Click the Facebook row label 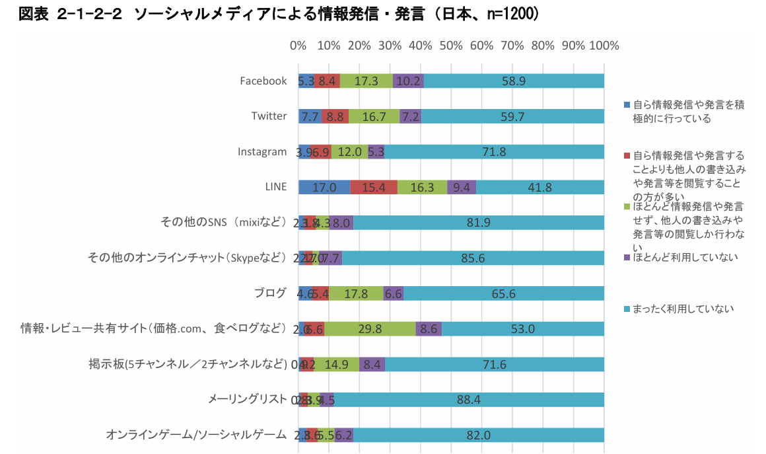pos(263,81)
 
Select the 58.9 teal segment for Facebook pos(513,81)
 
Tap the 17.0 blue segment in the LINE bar pos(324,187)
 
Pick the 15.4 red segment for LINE pos(374,187)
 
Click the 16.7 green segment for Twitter pos(374,116)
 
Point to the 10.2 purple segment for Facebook pos(407,81)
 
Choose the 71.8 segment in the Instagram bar pos(494,151)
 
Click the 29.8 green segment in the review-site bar pos(370,328)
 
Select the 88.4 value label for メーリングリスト pos(468,399)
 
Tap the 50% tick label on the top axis pos(451,46)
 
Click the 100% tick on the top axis pos(604,46)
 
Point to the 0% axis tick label pos(298,46)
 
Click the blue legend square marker pos(627,104)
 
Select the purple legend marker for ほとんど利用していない pos(627,256)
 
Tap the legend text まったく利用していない pos(683,309)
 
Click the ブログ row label pos(270,293)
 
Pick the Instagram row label pos(262,151)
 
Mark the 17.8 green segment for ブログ pos(356,293)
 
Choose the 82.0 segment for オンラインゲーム pos(478,435)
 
